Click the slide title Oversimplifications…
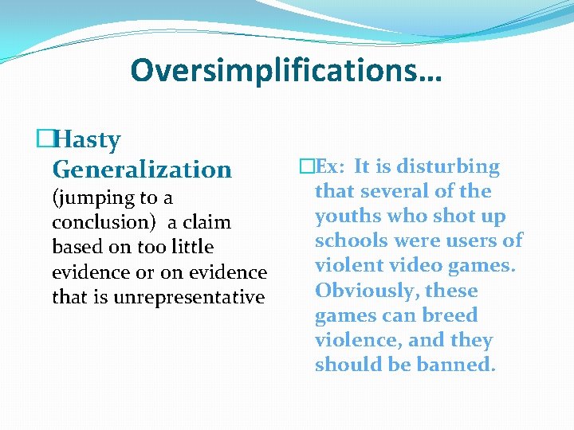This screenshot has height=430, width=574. [x=286, y=70]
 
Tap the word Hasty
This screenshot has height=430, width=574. [x=88, y=140]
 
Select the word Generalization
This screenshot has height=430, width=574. [x=142, y=169]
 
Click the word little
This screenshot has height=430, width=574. [x=189, y=247]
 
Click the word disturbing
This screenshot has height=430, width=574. [x=449, y=166]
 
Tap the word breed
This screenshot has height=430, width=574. [x=450, y=315]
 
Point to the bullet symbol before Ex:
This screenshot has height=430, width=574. [x=306, y=166]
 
